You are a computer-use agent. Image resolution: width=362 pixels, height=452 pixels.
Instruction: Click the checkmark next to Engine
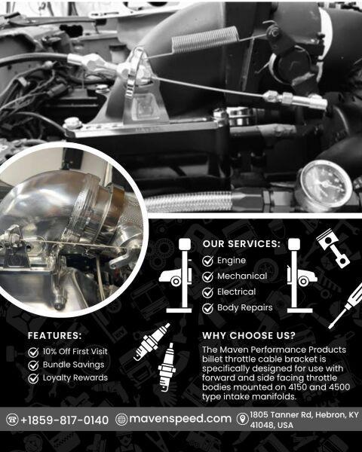207,261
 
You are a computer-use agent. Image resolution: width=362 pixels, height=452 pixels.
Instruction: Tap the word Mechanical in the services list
242,276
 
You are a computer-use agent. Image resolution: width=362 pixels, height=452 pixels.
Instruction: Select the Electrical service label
236,292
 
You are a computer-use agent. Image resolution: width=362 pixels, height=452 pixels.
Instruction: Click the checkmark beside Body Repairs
207,308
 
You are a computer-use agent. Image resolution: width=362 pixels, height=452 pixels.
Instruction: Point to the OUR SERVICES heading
241,244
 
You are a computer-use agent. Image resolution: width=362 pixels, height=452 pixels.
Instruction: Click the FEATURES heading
55,335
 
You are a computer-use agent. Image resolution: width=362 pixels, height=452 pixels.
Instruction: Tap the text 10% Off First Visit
75,351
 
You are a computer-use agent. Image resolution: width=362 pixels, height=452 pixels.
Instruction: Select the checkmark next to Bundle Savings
33,365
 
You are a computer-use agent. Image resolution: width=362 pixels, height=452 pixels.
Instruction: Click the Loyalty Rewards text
75,377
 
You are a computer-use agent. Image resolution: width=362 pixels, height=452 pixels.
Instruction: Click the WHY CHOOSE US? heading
249,335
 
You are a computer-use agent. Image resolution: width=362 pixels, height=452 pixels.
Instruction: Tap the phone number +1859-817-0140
65,420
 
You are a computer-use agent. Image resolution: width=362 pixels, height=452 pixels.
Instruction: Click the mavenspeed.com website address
180,419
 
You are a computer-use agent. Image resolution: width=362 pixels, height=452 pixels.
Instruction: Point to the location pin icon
243,419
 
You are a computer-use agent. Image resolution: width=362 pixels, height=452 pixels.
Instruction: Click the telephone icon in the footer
12,420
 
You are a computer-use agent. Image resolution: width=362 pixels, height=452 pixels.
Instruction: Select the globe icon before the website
121,419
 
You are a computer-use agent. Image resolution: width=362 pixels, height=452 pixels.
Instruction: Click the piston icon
333,249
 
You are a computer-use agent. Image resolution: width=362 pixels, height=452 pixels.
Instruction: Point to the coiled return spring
205,39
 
